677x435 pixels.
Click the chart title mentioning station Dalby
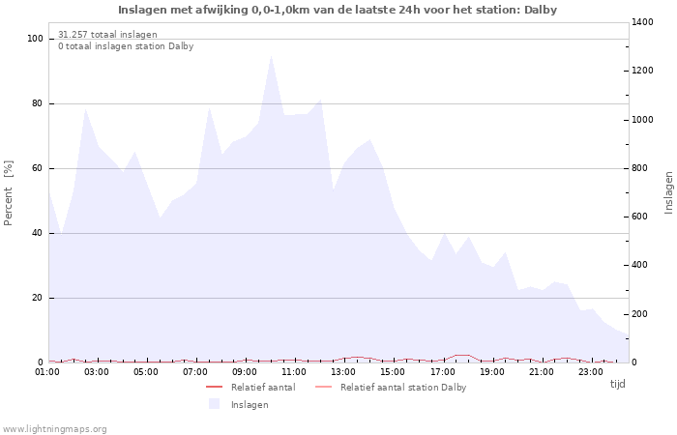338,10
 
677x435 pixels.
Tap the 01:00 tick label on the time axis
48,371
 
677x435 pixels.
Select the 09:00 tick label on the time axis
246,371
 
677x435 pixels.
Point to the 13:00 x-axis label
344,371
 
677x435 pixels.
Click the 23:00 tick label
591,371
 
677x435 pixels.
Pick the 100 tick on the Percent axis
36,39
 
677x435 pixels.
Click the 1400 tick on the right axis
645,22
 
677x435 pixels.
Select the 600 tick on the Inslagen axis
642,217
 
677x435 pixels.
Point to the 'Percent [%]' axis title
9,192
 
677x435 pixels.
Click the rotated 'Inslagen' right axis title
668,192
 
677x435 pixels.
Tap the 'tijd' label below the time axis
617,384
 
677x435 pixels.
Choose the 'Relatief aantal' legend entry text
263,388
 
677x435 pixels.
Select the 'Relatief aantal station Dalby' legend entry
403,388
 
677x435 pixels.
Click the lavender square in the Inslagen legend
214,404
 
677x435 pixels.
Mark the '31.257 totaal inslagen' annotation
107,35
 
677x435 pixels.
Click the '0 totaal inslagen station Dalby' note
126,46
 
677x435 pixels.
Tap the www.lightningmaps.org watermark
55,429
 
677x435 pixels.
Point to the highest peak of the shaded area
271,56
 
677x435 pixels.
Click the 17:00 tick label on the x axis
443,371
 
